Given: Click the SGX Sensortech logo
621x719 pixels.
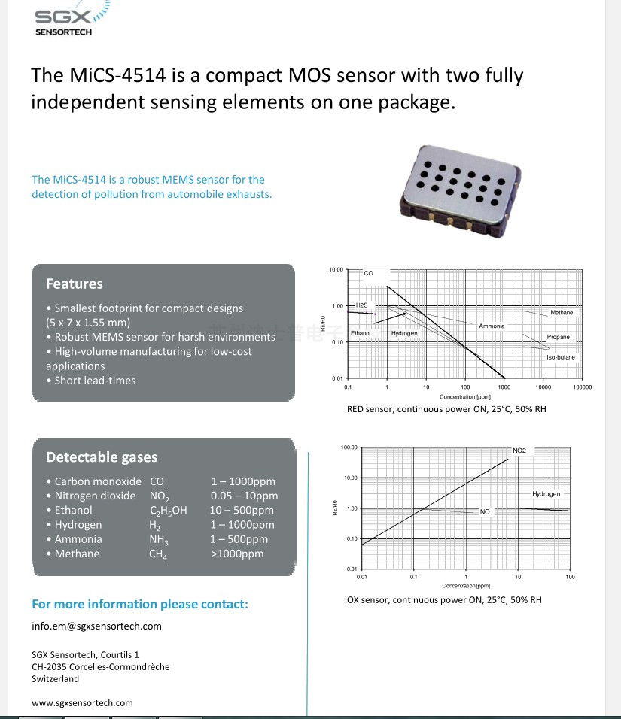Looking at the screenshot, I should pyautogui.click(x=66, y=18).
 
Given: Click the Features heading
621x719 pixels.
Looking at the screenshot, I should pyautogui.click(x=74, y=284).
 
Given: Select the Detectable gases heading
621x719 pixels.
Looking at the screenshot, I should pyautogui.click(x=102, y=457).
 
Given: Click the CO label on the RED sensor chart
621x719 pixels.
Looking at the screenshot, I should pyautogui.click(x=369, y=273).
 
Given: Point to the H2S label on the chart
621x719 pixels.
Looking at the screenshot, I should pyautogui.click(x=361, y=305).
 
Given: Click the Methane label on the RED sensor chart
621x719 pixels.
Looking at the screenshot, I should pyautogui.click(x=562, y=312).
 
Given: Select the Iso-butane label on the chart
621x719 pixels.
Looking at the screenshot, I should pyautogui.click(x=561, y=357).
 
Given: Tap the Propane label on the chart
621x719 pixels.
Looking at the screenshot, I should pyautogui.click(x=559, y=337).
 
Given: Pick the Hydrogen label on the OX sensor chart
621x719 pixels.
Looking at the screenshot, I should pyautogui.click(x=546, y=494).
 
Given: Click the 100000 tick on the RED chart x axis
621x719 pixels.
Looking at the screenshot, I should pyautogui.click(x=582, y=387).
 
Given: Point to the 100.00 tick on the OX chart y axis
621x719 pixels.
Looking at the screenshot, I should pyautogui.click(x=349, y=447).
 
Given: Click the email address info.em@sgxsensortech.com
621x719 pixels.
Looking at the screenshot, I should pyautogui.click(x=96, y=626).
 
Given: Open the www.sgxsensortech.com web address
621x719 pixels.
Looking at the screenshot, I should pyautogui.click(x=82, y=702).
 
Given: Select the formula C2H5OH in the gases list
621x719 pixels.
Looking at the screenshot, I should pyautogui.click(x=169, y=511).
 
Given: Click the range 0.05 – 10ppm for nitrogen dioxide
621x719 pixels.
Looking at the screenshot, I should pyautogui.click(x=244, y=496).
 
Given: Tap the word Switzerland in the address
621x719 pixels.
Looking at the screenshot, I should pyautogui.click(x=55, y=678).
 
